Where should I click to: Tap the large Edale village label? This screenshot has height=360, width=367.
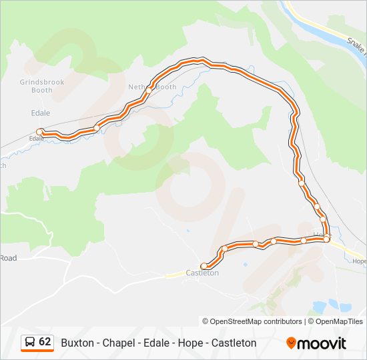[x=40, y=113]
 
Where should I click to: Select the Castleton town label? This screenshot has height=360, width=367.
[x=202, y=273]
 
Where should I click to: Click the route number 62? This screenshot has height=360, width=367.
[x=45, y=341]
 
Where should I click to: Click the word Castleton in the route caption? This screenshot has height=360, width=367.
[x=234, y=343]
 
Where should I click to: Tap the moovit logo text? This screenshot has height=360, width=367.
[x=322, y=343]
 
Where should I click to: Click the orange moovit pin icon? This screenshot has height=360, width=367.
[x=291, y=343]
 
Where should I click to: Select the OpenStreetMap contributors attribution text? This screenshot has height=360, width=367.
[x=256, y=321]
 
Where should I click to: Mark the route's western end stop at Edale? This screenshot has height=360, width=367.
[x=40, y=132]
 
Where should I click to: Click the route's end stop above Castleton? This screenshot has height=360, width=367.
[x=204, y=266]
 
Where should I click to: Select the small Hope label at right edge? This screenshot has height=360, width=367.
[x=359, y=261]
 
